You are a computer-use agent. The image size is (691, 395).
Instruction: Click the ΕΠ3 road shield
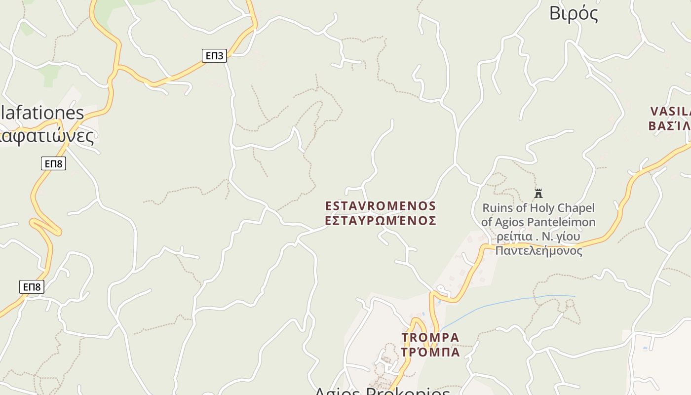coord(214,56)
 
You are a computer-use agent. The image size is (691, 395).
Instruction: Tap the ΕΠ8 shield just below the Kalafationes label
coord(53,163)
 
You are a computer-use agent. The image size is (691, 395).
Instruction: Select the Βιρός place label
coord(574,13)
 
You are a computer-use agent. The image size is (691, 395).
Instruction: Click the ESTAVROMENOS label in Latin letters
coord(381,206)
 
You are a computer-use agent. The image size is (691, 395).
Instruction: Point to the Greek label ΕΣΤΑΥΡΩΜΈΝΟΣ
coord(381,220)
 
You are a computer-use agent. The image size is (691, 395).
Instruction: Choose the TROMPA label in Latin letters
coord(430,338)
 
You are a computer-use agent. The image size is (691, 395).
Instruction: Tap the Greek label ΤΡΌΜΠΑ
coord(430,352)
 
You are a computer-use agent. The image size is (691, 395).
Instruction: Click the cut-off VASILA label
coord(671,112)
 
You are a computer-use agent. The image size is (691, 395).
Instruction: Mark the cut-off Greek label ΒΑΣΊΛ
coord(670,125)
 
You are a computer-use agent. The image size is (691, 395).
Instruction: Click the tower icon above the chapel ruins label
coord(538,193)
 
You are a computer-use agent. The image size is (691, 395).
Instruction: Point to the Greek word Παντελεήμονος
coord(538,251)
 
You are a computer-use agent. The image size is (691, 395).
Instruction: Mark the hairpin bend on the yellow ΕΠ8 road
coord(57,231)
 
